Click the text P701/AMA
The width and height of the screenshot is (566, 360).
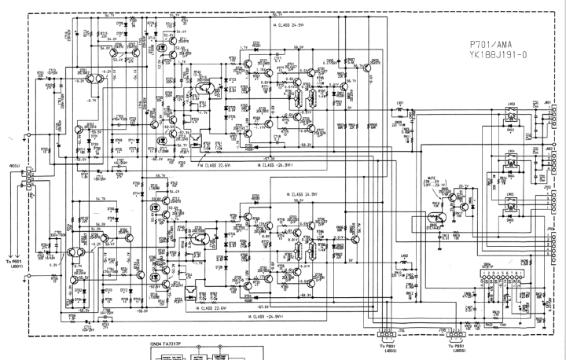[487, 46]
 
